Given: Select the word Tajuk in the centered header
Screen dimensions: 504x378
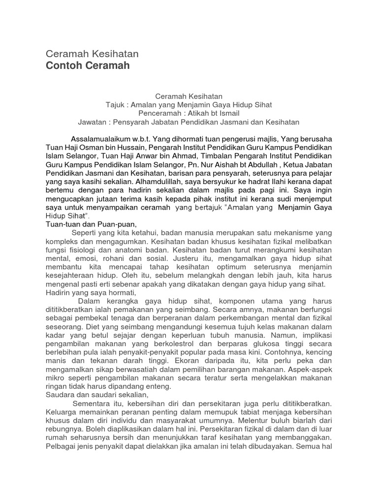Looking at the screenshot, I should click(x=116, y=105).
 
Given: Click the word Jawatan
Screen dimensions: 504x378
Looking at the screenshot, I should click(x=93, y=122).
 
